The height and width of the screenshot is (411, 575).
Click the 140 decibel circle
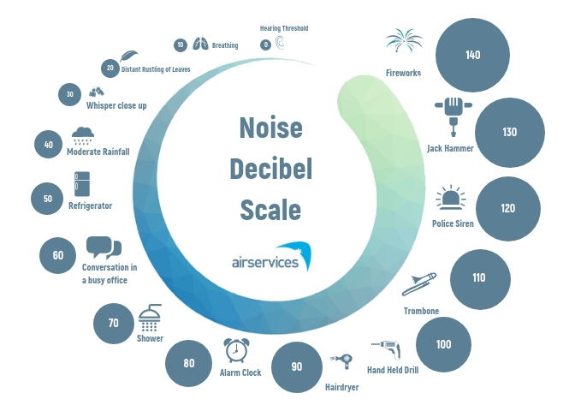coord(472,55)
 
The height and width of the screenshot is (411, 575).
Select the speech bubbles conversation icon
coord(104,248)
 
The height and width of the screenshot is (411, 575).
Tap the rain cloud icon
coord(83,134)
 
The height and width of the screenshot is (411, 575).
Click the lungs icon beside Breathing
coord(200,45)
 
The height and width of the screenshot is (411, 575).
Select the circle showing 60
coord(58,255)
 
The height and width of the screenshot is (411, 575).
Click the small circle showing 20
coord(110,68)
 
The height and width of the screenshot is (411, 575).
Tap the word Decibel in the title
coord(270,169)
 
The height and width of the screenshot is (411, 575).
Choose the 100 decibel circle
coord(443,344)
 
